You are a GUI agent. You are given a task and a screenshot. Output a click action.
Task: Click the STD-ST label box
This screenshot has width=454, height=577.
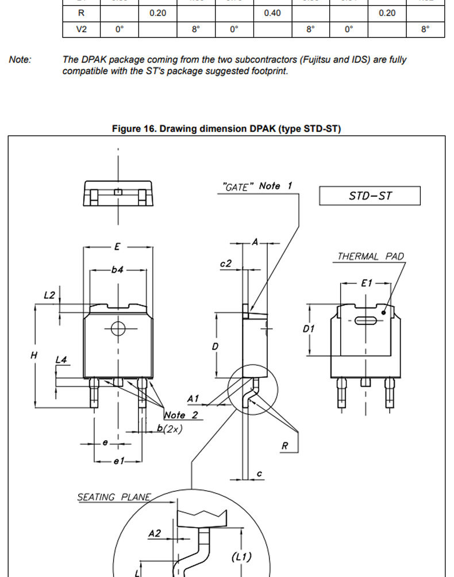(370, 196)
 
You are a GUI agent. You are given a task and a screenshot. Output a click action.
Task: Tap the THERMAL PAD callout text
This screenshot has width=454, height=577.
(371, 256)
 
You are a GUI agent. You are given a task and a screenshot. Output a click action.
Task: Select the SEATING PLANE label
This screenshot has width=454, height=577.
(114, 497)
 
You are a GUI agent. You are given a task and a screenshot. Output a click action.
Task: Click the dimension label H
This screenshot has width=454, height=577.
(34, 355)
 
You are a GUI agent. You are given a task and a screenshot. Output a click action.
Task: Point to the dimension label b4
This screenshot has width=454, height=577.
(117, 270)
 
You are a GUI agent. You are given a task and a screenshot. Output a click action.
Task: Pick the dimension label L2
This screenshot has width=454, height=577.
(49, 295)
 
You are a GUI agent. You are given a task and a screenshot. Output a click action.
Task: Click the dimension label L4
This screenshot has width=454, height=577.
(61, 360)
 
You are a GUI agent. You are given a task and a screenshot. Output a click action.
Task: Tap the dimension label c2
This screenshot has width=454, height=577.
(226, 263)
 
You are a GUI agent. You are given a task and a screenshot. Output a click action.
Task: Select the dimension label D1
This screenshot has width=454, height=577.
(309, 328)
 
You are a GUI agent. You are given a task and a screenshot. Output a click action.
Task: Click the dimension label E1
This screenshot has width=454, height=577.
(367, 283)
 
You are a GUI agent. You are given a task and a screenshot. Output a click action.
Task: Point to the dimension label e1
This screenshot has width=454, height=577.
(119, 461)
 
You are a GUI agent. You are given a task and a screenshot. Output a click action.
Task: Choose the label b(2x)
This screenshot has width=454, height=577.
(170, 429)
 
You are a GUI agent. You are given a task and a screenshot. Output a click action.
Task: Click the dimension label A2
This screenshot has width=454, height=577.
(155, 533)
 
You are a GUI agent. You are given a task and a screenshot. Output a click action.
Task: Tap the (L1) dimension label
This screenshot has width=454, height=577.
(241, 557)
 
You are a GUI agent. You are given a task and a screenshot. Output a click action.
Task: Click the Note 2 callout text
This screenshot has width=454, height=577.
(181, 415)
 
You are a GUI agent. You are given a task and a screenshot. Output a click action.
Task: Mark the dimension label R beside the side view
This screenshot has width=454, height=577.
(285, 446)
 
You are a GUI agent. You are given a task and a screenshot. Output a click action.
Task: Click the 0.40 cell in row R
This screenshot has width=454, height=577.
(272, 13)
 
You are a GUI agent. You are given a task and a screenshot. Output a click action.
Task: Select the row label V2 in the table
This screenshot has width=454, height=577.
(81, 29)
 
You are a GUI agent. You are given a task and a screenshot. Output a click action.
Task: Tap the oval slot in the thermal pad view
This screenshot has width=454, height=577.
(365, 320)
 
